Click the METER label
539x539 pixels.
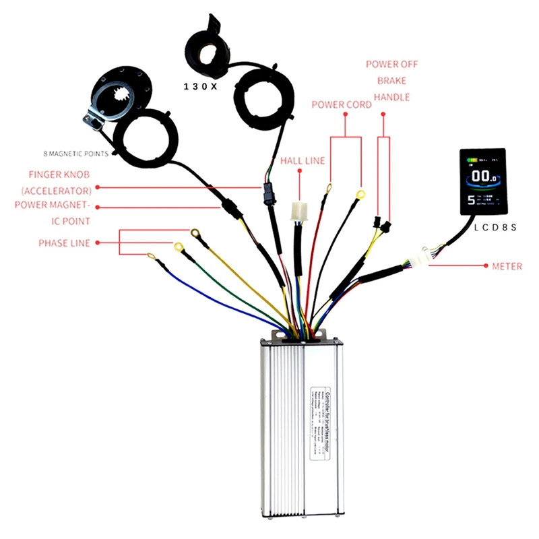507,267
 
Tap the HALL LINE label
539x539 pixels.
302,161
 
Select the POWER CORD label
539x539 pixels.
341,104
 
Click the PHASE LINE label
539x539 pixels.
65,243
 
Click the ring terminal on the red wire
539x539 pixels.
329,188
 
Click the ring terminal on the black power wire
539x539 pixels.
360,194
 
